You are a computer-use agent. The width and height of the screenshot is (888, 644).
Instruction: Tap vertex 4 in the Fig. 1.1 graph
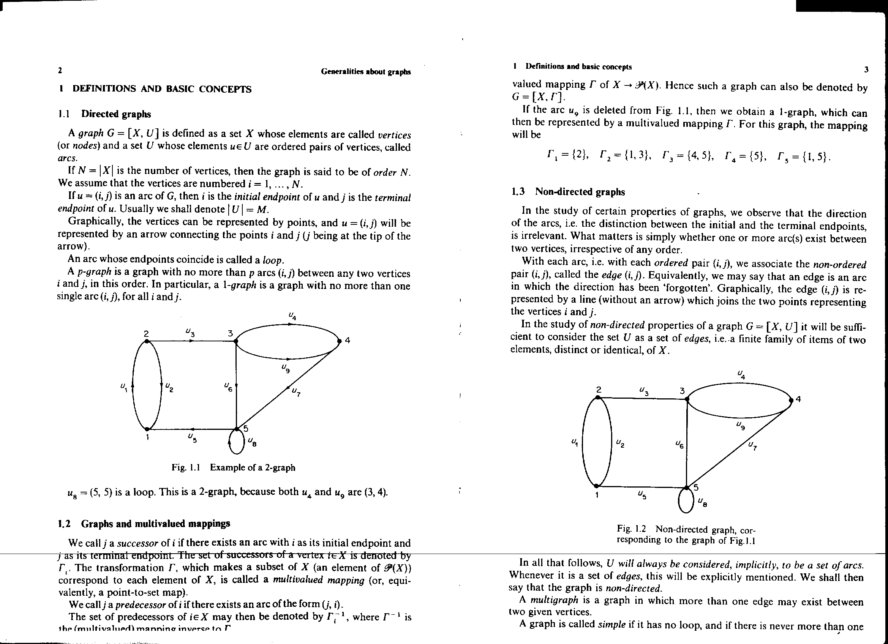(340, 341)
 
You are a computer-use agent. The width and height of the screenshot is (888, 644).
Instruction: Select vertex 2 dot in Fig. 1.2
(598, 397)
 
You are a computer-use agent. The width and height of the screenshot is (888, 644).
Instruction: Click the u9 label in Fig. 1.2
(740, 425)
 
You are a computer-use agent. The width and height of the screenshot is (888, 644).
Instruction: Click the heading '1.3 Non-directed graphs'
(568, 192)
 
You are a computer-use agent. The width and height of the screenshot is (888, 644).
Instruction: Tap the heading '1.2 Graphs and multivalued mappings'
(144, 523)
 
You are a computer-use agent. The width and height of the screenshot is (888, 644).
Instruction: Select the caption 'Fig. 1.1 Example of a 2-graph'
(233, 467)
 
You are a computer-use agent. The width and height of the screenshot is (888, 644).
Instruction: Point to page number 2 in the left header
(60, 71)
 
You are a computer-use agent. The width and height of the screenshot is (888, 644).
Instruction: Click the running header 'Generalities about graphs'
(366, 72)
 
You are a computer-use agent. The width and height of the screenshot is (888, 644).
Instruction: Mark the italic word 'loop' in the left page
(273, 260)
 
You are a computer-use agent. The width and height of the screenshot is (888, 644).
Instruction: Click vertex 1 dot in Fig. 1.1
(147, 429)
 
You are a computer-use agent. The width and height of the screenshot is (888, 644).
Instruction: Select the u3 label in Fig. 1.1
(190, 333)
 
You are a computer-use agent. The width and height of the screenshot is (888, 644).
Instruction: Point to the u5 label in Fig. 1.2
(642, 495)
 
